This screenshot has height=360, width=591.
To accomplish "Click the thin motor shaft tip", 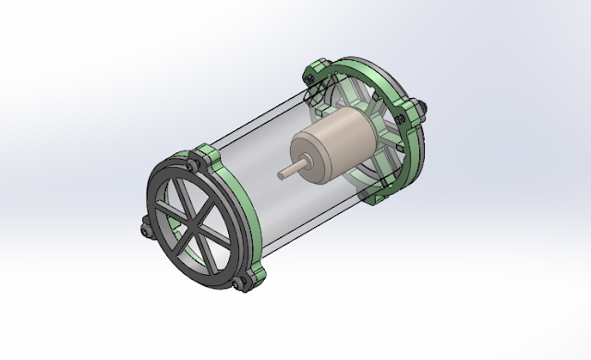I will click(281, 172).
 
